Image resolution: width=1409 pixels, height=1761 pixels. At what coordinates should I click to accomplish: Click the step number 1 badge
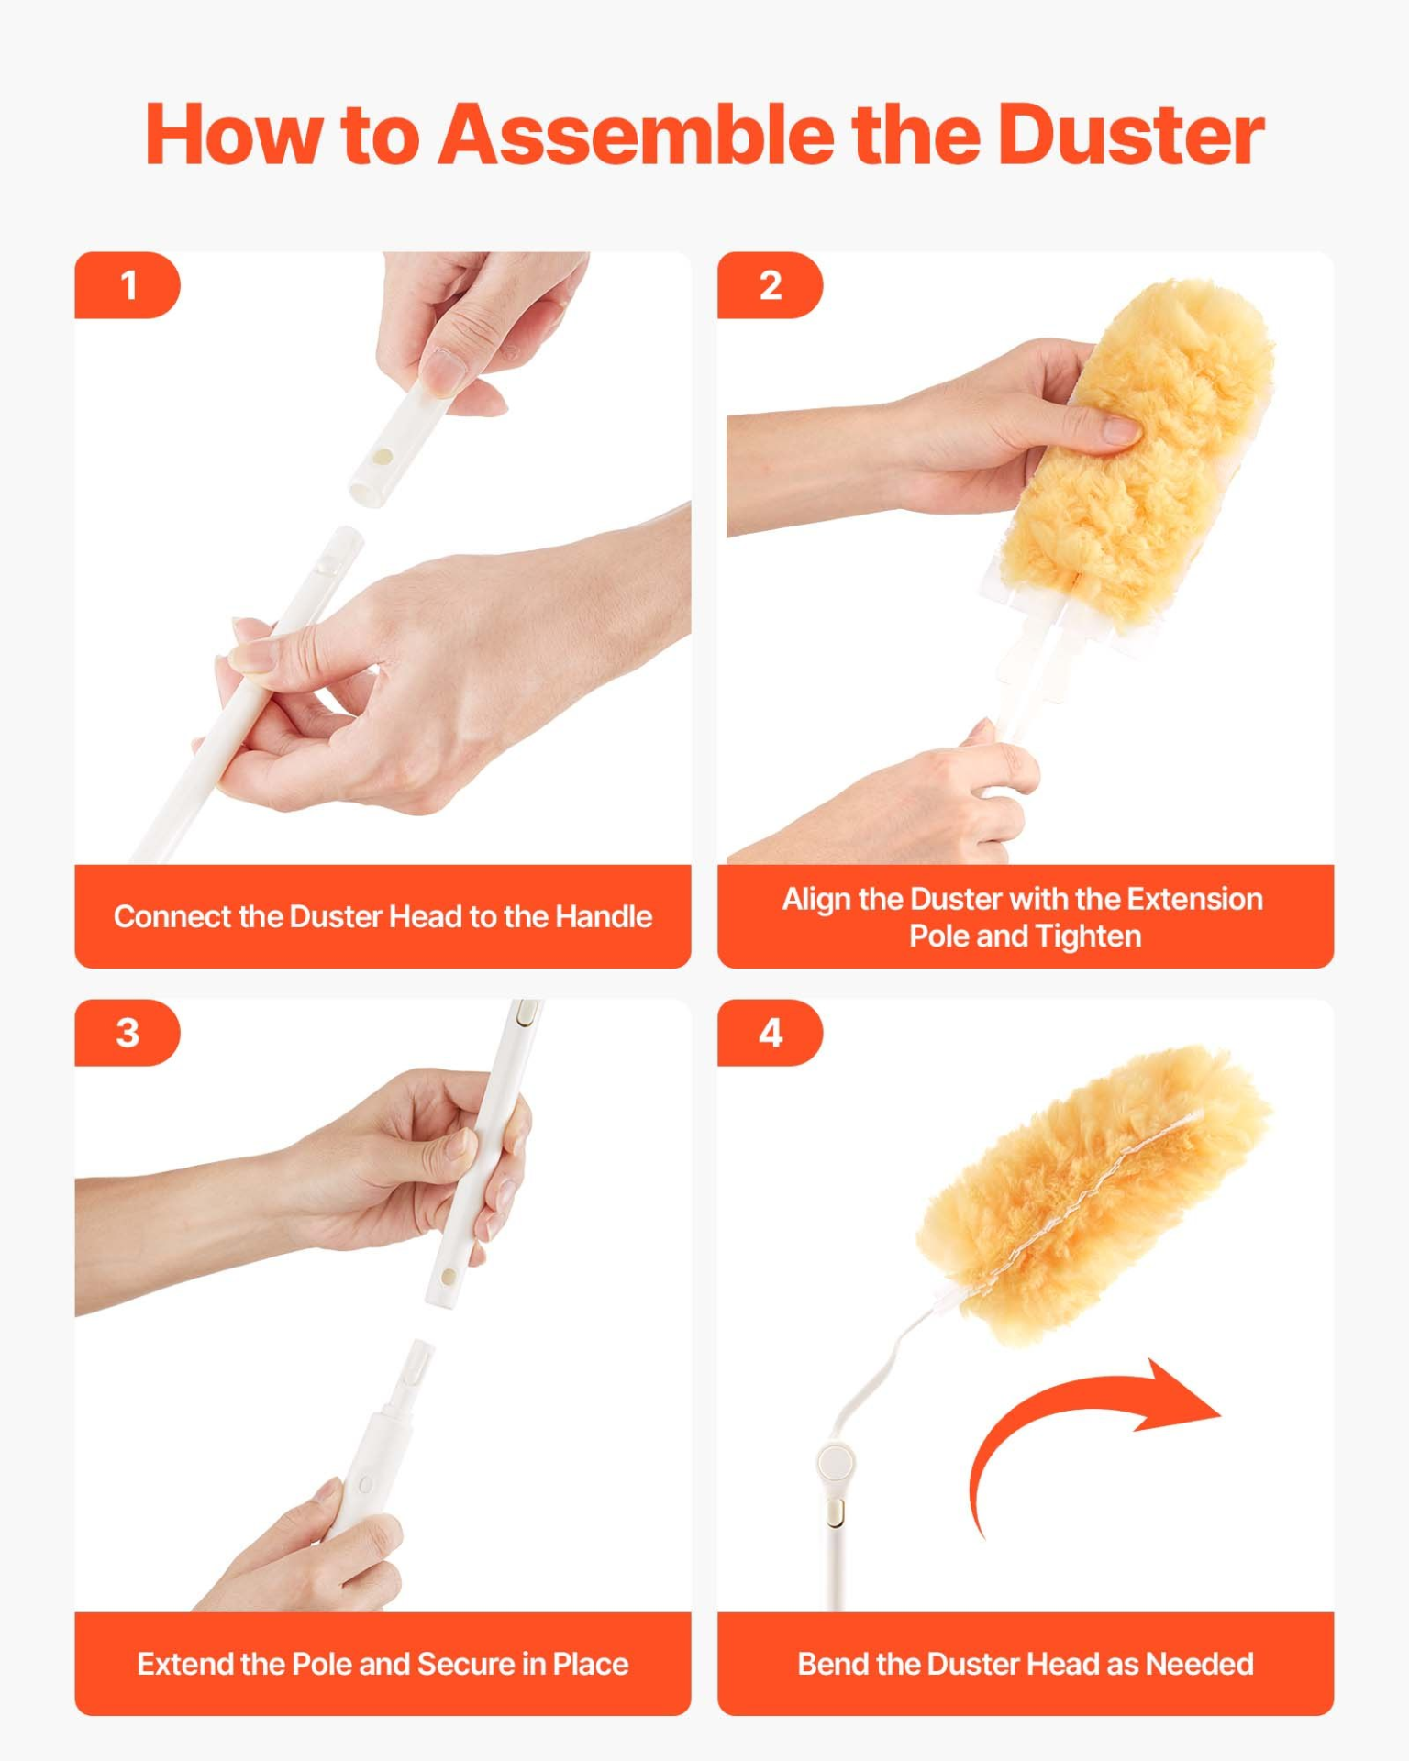tap(128, 285)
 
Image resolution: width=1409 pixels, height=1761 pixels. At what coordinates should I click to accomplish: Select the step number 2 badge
tap(770, 285)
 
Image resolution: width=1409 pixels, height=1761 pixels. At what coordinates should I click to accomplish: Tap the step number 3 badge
tap(128, 1033)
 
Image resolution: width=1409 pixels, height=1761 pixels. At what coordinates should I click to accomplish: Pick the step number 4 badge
tap(770, 1033)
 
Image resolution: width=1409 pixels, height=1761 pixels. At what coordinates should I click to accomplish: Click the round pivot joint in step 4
tap(836, 1461)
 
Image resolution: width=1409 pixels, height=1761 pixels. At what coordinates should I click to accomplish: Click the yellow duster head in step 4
tap(1092, 1192)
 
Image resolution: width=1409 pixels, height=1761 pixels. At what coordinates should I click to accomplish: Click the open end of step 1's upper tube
tap(367, 493)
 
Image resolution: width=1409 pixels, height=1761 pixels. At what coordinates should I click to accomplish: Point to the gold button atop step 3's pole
tap(527, 1014)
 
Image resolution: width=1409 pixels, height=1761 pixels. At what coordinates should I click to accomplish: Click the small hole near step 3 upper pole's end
tap(448, 1277)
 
